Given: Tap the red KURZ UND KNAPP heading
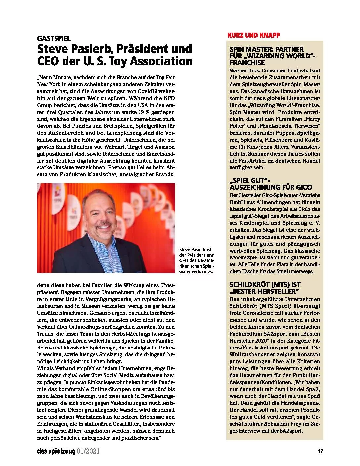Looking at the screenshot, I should tap(253, 35).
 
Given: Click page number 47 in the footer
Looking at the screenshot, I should tap(320, 451).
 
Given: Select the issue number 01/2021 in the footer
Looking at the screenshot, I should tap(88, 451).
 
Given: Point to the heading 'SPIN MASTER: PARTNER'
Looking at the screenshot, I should tap(266, 50).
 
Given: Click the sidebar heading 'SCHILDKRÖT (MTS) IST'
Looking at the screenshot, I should tap(265, 285).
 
